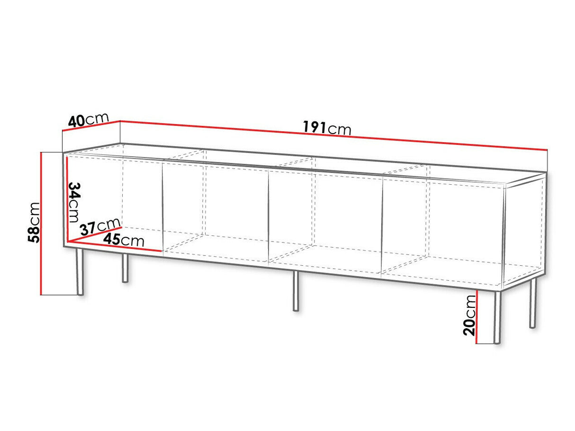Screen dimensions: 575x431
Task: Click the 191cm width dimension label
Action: (x=327, y=128)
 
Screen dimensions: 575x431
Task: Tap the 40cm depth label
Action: (x=88, y=120)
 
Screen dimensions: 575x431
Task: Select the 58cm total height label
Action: (x=34, y=222)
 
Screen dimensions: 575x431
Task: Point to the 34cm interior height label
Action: (x=73, y=202)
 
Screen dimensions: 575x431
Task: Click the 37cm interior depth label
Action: (x=100, y=227)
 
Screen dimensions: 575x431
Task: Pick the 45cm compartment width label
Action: (x=124, y=240)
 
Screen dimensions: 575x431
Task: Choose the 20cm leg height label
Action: (x=469, y=315)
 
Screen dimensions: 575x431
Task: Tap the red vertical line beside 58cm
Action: (x=41, y=224)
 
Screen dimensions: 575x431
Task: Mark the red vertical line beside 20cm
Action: (x=477, y=317)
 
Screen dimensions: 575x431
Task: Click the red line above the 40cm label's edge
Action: (x=91, y=126)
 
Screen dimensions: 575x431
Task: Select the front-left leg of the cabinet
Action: (x=80, y=271)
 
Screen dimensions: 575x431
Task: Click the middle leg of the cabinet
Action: (x=296, y=291)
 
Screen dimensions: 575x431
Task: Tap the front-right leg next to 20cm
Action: (x=497, y=317)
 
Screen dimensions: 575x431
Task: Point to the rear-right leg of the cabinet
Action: (x=532, y=303)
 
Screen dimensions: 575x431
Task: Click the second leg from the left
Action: (x=125, y=268)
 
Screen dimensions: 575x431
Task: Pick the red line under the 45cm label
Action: (x=115, y=246)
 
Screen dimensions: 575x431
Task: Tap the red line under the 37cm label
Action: (x=94, y=234)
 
